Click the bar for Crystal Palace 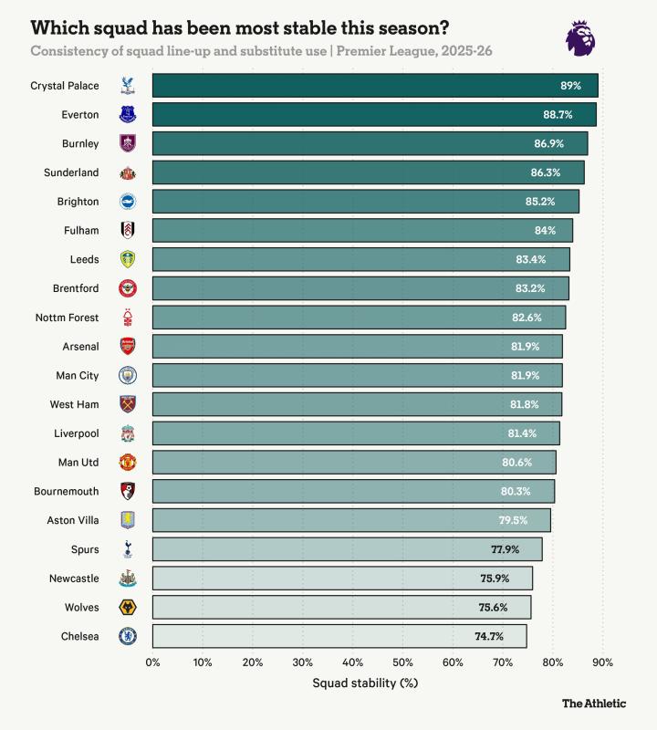(x=374, y=86)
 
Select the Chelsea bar (x=339, y=636)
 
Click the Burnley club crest (x=128, y=143)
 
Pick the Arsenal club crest (x=128, y=346)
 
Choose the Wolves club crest (x=128, y=607)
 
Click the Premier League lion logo (x=582, y=37)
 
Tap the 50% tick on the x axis (x=403, y=662)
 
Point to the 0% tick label (x=153, y=662)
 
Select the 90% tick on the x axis (x=602, y=662)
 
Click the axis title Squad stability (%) (x=365, y=683)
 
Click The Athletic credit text (x=594, y=703)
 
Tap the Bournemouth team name (x=67, y=491)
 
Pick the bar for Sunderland (x=368, y=172)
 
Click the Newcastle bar (x=342, y=579)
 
